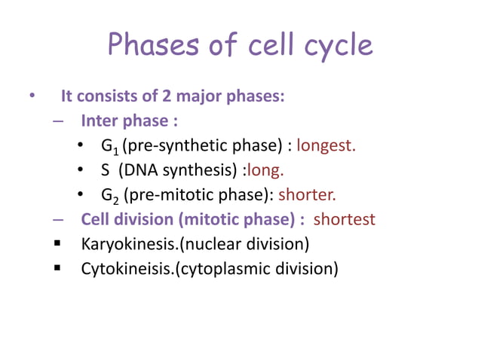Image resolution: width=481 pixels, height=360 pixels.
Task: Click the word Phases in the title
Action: pyautogui.click(x=150, y=45)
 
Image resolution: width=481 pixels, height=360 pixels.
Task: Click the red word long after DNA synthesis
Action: pyautogui.click(x=265, y=170)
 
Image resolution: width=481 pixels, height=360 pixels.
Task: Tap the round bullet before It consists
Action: pyautogui.click(x=32, y=97)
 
